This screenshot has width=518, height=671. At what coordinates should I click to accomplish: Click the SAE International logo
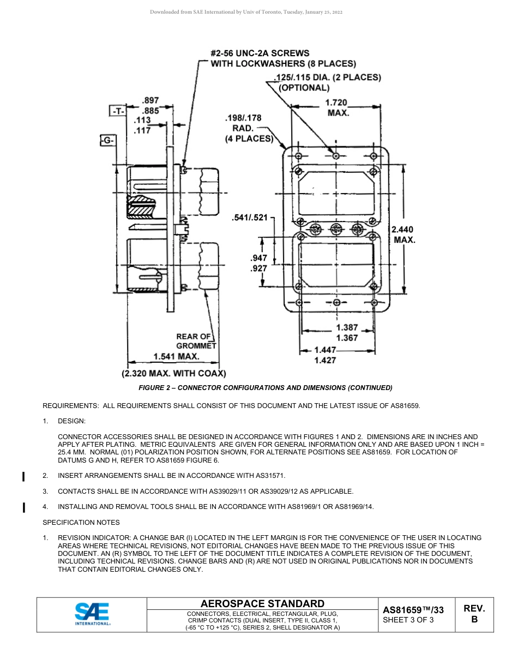coord(92,614)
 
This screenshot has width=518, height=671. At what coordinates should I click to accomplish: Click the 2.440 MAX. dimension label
coord(403,235)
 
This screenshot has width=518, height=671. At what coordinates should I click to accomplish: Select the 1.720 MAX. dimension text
coord(336,107)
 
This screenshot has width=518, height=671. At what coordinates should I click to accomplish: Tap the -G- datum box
coord(107,141)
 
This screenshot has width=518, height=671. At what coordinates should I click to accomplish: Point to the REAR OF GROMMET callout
coord(195,341)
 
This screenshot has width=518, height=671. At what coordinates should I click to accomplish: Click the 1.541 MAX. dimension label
coord(176,357)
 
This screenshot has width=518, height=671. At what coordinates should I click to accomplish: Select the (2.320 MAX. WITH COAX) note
coord(173,374)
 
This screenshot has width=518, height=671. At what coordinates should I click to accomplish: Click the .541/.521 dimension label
coord(250,218)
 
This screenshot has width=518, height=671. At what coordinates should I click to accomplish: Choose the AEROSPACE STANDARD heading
coord(262,603)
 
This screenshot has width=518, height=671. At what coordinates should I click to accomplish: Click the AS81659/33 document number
coord(413,610)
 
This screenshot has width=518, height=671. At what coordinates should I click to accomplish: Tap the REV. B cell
coord(474,614)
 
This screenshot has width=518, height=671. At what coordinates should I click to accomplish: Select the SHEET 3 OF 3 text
coord(408,620)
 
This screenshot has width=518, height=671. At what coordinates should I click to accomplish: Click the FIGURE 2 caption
coord(266,387)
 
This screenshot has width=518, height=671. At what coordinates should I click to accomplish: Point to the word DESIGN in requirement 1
coord(71,421)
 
